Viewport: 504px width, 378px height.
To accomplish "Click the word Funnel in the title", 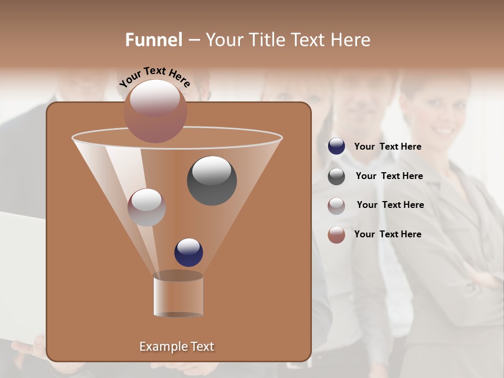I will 154,40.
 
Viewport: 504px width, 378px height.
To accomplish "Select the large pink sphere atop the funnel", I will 155,111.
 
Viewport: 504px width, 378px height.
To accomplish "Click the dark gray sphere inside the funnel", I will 212,180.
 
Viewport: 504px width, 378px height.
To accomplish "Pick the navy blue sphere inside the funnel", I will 188,252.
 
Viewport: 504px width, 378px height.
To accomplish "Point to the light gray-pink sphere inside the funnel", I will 146,207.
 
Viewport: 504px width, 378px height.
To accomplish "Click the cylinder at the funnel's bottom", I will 178,295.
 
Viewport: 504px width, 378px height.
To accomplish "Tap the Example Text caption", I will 176,346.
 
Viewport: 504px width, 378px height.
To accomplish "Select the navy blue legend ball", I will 337,146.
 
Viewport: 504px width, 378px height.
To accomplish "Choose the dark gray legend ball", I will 337,176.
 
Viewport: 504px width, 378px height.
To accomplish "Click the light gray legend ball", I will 337,205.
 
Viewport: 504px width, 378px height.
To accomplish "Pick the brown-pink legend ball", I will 337,234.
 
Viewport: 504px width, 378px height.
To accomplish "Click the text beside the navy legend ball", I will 387,146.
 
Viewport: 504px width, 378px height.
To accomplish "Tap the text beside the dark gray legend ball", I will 389,176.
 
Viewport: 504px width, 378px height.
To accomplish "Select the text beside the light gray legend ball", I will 390,205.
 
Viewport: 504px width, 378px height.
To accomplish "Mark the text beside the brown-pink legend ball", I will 387,234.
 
